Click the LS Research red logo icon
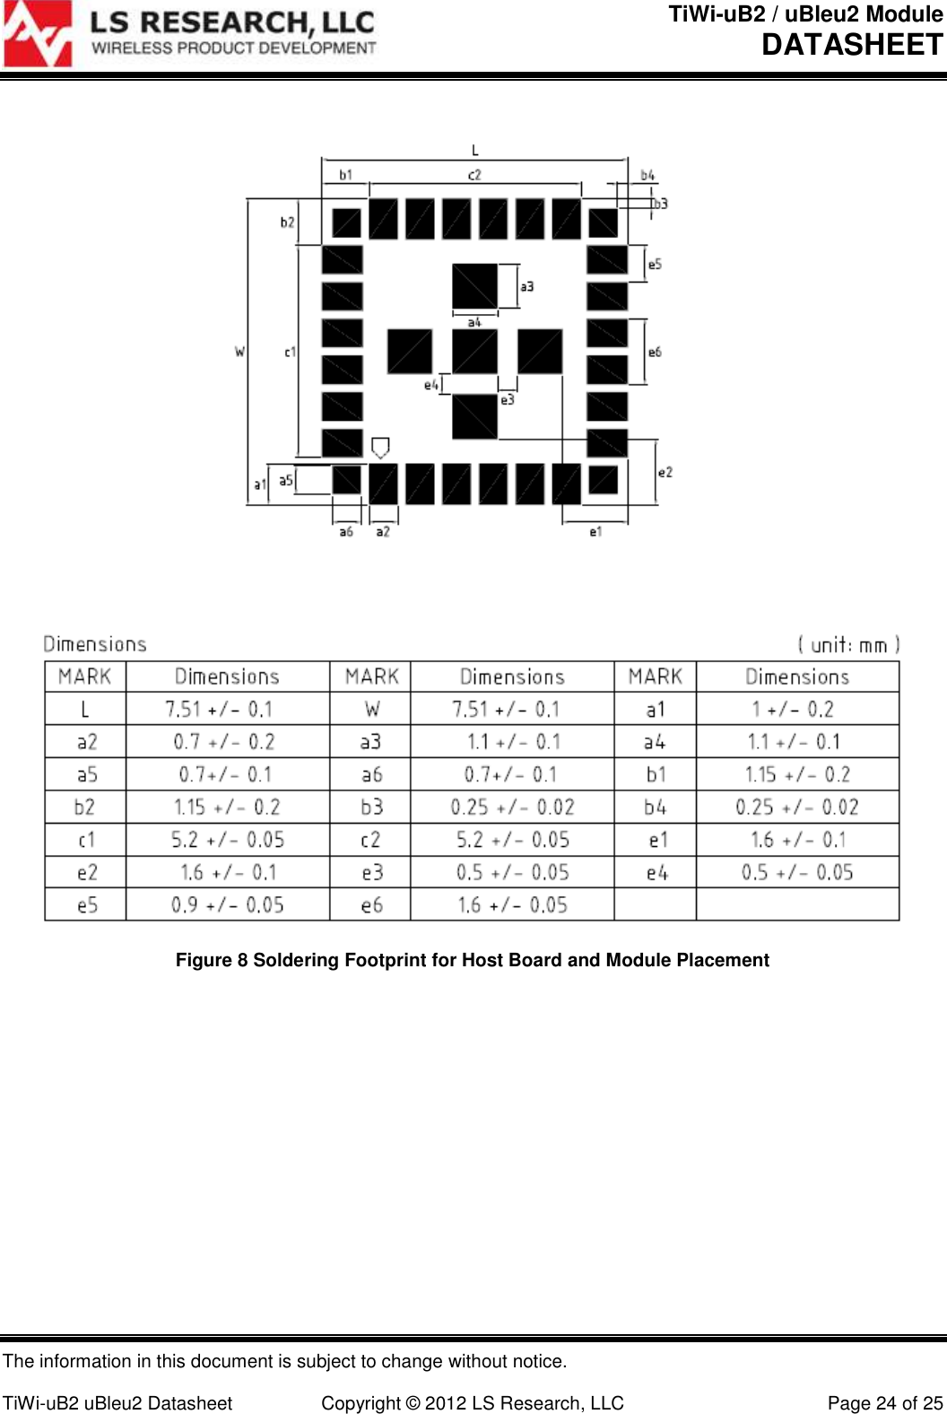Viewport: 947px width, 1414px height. [37, 34]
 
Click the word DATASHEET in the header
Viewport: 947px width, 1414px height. [851, 45]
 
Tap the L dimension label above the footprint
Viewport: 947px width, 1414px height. [475, 150]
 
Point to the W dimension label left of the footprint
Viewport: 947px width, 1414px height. [239, 352]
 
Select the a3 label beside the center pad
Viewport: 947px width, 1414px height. [527, 286]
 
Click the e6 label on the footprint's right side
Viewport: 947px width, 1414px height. [655, 352]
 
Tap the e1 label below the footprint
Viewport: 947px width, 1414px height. [595, 532]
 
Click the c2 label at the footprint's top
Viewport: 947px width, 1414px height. [474, 175]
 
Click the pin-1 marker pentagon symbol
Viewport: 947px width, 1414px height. [380, 447]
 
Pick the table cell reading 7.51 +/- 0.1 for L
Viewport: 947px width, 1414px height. [219, 709]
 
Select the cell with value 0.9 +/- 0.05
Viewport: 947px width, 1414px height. [228, 904]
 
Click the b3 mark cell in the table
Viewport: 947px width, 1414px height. [371, 807]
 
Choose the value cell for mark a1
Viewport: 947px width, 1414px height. [793, 709]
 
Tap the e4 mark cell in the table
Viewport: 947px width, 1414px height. [656, 872]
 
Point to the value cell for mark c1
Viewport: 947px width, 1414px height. [228, 840]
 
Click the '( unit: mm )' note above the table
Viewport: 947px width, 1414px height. [847, 645]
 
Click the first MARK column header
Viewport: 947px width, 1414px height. [85, 676]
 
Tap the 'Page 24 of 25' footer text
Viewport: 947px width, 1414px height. [884, 1403]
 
